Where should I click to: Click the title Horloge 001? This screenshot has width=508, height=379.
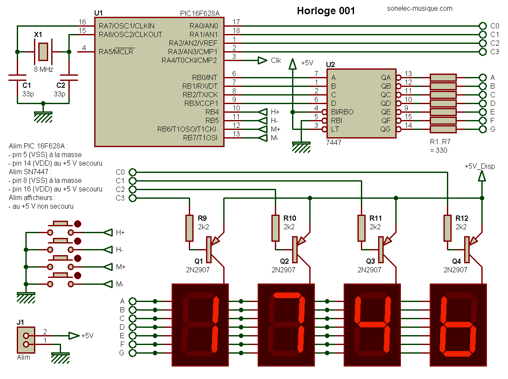coord(326,11)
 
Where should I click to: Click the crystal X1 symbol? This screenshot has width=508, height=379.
coord(43,52)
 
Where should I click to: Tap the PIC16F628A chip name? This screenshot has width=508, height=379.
coord(200,14)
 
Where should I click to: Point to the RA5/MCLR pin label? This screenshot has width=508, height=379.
coord(117,52)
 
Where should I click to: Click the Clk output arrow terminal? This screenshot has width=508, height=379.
coord(262,61)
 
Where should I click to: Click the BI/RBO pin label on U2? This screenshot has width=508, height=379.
coord(342,112)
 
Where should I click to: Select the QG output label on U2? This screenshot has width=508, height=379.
coord(386,129)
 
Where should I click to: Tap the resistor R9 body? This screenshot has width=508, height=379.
coord(189,228)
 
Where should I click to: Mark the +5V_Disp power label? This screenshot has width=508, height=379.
coord(480,166)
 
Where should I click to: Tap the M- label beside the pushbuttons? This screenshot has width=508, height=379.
coord(120,284)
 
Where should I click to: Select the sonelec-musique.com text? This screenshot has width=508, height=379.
coord(420,9)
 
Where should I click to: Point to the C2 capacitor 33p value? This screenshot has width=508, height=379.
coord(59,94)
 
